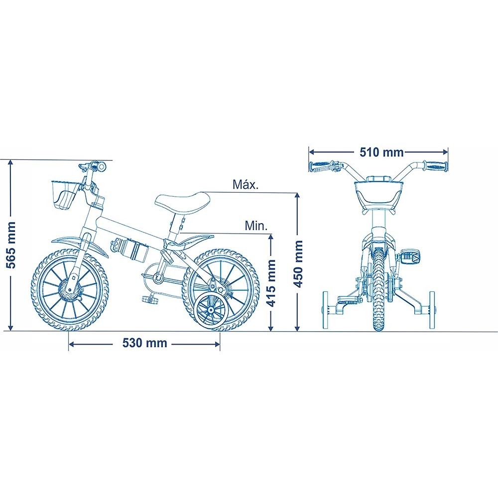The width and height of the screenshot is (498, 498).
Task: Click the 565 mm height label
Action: (11, 245)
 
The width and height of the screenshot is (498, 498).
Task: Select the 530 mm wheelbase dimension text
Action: (145, 343)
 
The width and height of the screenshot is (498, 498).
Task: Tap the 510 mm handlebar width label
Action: (382, 152)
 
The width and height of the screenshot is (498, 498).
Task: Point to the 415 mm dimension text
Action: (271, 283)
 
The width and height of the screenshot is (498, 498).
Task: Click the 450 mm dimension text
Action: (298, 263)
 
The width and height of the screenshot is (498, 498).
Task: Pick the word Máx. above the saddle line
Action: (246, 185)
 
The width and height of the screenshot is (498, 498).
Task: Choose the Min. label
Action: (256, 226)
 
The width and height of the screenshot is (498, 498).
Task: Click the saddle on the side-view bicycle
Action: (182, 204)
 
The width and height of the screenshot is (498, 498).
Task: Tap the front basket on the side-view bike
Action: (64, 194)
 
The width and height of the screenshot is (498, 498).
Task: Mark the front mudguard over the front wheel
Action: (79, 244)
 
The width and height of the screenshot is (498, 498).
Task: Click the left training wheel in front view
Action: (326, 310)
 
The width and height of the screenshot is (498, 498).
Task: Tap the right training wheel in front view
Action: (432, 310)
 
